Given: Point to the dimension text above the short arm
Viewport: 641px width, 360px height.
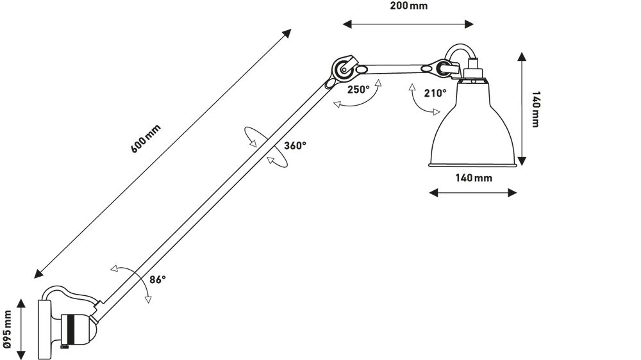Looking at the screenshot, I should click(x=408, y=8).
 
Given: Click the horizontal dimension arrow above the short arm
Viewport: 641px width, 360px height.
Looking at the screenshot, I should click(x=408, y=25).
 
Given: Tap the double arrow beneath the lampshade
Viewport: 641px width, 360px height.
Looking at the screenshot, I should click(x=473, y=192).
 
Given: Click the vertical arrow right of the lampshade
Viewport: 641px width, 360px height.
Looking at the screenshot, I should click(x=524, y=109).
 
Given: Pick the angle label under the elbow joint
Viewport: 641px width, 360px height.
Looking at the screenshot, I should click(x=359, y=90).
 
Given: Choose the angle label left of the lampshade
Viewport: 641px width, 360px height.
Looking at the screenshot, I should click(x=433, y=94).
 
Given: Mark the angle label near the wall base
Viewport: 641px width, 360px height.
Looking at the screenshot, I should click(x=158, y=279).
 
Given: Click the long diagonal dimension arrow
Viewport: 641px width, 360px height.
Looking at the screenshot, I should click(x=163, y=154).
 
